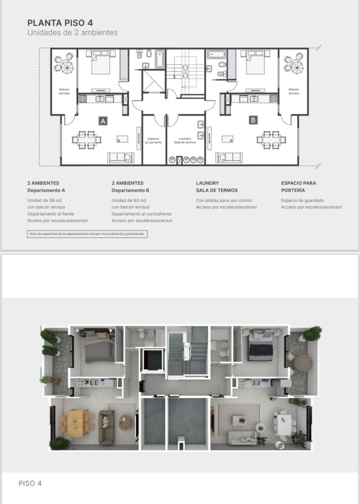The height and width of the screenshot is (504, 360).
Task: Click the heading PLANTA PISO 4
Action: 60,23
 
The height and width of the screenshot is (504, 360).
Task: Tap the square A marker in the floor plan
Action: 103,121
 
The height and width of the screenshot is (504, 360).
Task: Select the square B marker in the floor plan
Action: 253,120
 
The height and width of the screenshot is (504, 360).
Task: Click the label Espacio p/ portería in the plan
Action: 153,140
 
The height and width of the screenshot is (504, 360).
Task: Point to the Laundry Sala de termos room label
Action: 185,140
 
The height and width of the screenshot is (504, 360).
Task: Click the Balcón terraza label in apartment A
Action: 64,91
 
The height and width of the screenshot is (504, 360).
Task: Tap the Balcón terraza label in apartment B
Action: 294,91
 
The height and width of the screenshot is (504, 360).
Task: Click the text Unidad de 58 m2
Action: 45,200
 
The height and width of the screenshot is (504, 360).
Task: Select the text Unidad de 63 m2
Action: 129,200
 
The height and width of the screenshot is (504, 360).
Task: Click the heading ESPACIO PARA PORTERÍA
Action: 299,187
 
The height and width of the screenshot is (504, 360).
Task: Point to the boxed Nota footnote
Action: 88,234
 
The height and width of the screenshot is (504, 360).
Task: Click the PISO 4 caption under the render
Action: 30,483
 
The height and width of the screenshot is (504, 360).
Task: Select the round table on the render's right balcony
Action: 303,363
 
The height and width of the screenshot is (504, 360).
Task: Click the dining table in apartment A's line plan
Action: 87,139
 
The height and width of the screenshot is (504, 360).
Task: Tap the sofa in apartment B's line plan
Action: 229,157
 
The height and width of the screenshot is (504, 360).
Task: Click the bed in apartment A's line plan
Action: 101,62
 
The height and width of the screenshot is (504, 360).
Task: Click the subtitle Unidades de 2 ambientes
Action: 72,32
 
